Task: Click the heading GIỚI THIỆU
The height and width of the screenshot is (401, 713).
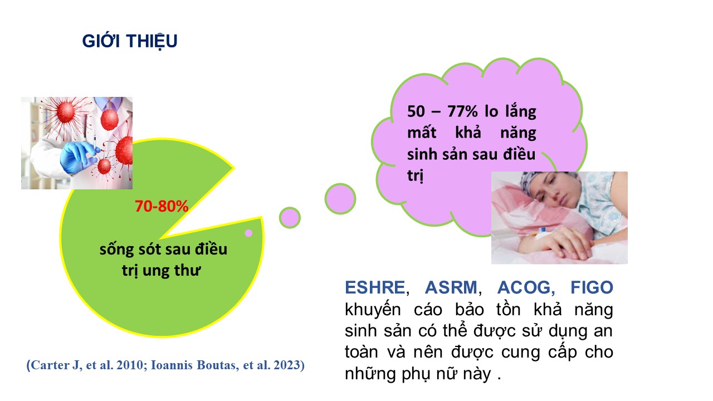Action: click(130, 41)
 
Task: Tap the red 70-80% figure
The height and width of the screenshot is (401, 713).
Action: click(162, 206)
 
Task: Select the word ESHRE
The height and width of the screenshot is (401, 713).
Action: click(375, 287)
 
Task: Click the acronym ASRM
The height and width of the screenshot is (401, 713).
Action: click(451, 287)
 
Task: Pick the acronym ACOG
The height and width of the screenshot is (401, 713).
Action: click(524, 287)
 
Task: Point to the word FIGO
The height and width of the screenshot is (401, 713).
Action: click(592, 287)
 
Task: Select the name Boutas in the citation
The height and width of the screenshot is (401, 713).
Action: click(217, 365)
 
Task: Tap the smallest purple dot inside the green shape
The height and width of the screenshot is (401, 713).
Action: click(248, 233)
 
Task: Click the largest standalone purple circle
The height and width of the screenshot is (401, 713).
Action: click(340, 199)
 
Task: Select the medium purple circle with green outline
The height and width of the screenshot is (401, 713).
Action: click(290, 218)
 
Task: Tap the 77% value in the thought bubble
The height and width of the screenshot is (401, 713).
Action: click(462, 111)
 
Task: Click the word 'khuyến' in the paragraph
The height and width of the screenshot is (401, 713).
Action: click(373, 310)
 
